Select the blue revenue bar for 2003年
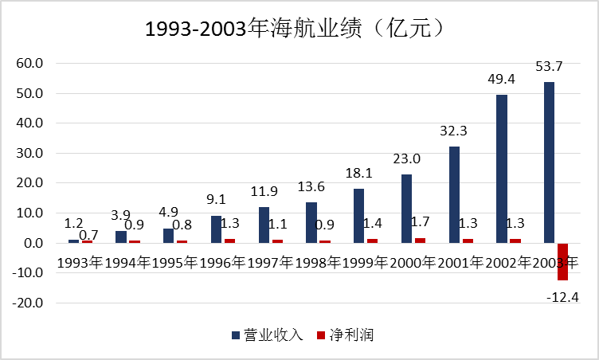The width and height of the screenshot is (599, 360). (x=550, y=162)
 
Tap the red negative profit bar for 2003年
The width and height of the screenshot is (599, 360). (x=562, y=261)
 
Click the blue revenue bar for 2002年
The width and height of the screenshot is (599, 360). (x=502, y=169)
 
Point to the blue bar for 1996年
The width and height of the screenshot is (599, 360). (x=216, y=229)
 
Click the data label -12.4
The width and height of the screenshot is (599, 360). (x=562, y=296)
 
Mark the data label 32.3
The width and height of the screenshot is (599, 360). (x=453, y=130)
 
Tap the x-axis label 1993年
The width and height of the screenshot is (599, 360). (x=80, y=262)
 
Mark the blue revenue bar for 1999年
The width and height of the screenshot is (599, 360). (x=358, y=216)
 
